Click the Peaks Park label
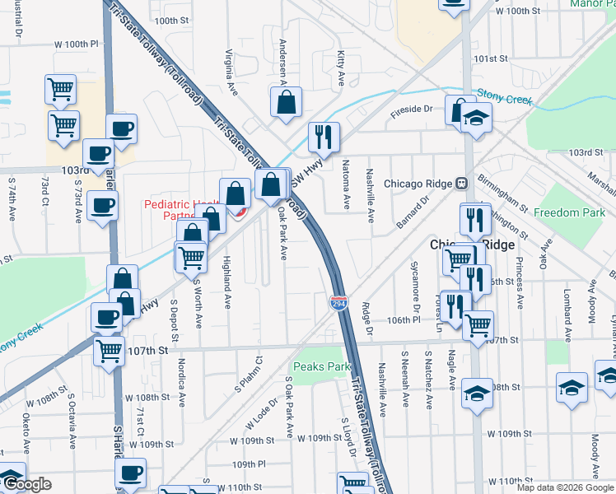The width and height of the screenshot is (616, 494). point(317,365)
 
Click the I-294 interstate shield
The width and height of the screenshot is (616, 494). point(339,302)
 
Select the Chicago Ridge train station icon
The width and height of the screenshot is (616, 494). point(462,183)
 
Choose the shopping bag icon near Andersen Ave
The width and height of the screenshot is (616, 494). point(286,103)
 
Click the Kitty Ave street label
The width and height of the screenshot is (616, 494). point(341,69)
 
